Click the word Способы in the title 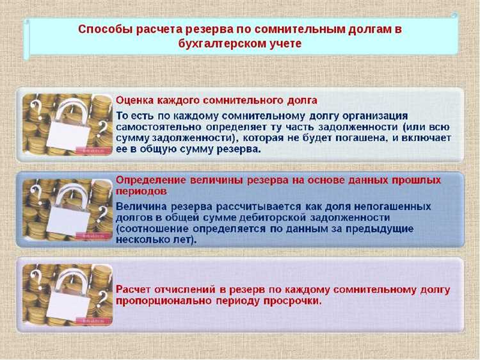click(x=101, y=29)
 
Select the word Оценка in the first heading click(x=135, y=101)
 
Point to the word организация click(x=373, y=116)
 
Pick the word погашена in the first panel click(x=362, y=138)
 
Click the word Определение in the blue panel click(x=149, y=179)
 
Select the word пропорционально click(x=159, y=301)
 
